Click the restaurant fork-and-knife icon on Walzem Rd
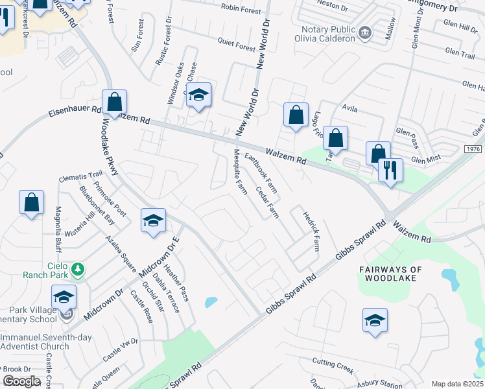coord(390,171)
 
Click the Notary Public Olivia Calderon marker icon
coord(365,32)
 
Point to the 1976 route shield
coord(473,149)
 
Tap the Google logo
coord(21,381)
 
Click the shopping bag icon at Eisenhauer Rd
coord(114,102)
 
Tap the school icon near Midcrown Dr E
coord(153,220)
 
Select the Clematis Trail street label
coord(80,174)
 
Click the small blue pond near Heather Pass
coord(211,302)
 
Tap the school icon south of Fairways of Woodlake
coord(375,320)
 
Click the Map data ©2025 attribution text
coord(457,384)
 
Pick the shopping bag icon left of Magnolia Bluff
coord(31,203)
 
